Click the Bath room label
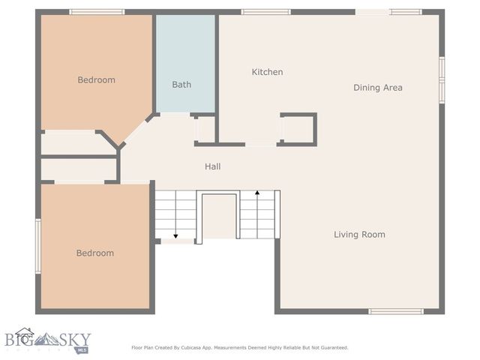point(181,85)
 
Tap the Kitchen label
point(267,72)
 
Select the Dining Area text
point(378,88)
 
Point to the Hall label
point(212,166)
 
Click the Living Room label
point(359,235)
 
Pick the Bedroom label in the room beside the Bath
point(97,79)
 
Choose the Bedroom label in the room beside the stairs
point(95,253)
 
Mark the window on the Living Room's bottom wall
point(395,311)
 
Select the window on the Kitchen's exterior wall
point(265,12)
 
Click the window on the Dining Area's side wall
point(442,79)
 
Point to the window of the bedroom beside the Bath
point(97,12)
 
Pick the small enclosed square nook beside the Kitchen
point(298,129)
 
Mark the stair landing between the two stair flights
point(217,216)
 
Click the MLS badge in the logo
point(82,349)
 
